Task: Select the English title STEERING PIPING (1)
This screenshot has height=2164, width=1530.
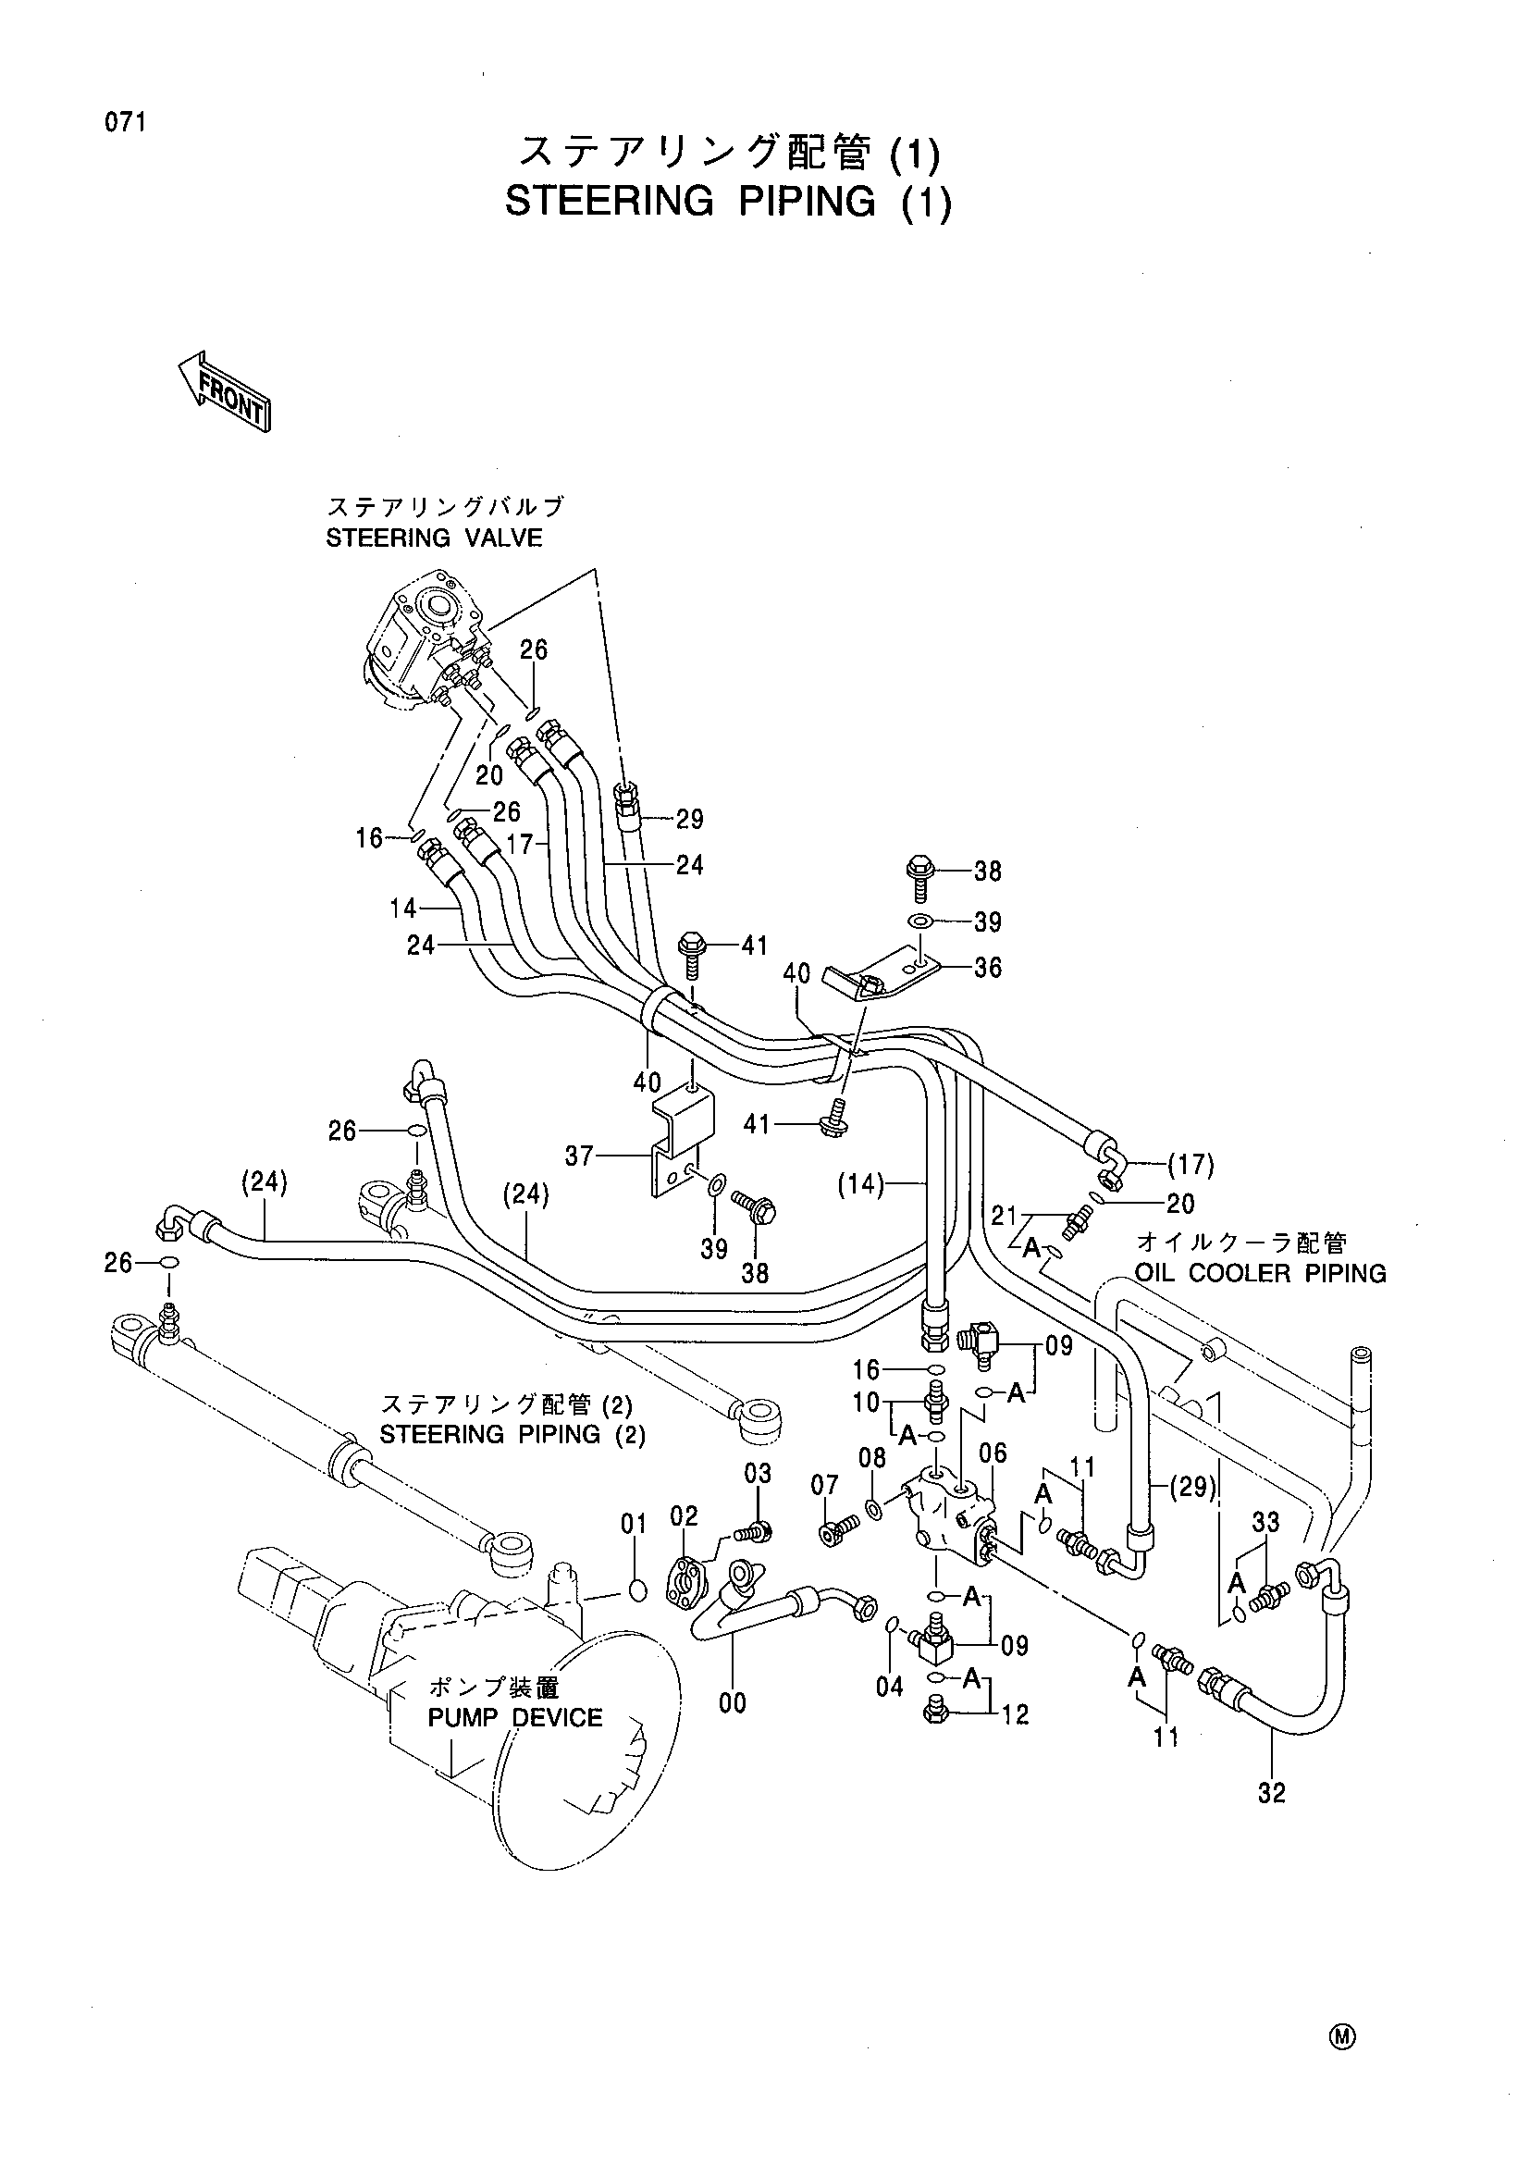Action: [x=728, y=202]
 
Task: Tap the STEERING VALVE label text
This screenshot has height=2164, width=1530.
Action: [x=435, y=538]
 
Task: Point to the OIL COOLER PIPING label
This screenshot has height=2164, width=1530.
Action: [x=1261, y=1273]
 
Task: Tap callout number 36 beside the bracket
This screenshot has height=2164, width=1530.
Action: [x=987, y=968]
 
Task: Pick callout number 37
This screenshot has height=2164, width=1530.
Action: [x=578, y=1155]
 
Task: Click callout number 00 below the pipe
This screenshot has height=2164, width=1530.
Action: [x=732, y=1702]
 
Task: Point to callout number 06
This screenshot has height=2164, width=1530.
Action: [x=993, y=1454]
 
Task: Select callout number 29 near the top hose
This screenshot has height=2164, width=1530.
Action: [x=690, y=819]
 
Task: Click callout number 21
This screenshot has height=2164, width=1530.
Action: [x=1005, y=1217]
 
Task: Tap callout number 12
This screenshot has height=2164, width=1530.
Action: [x=1015, y=1714]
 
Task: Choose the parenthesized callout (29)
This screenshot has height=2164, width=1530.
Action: [x=1193, y=1489]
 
